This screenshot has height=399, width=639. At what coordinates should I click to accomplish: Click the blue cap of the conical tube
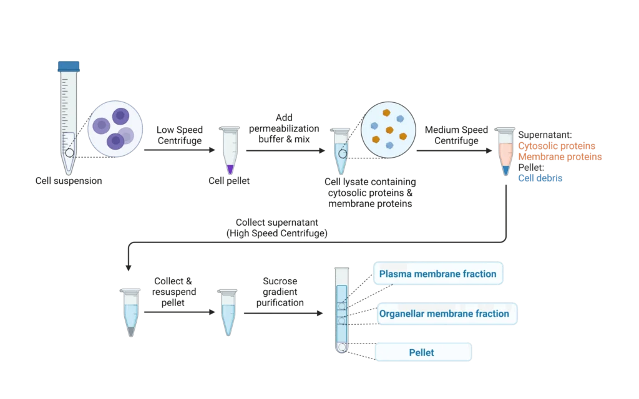point(67,65)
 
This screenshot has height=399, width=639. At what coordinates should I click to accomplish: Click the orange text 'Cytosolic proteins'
point(556,146)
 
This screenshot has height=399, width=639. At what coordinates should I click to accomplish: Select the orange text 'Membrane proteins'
point(560,156)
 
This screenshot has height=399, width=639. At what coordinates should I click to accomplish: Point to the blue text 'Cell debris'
point(540,178)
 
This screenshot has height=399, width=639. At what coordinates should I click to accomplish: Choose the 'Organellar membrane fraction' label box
point(444,314)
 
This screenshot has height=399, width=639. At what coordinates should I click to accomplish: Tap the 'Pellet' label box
point(422,352)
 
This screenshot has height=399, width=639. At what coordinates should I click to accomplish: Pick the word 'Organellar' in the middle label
point(402,314)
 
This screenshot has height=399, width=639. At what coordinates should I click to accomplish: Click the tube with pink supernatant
point(505,152)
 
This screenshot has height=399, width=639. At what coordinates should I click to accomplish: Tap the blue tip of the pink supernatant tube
point(505,170)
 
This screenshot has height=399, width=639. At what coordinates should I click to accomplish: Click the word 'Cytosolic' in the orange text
point(538,146)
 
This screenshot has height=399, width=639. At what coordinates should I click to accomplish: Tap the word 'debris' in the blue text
point(551,178)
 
